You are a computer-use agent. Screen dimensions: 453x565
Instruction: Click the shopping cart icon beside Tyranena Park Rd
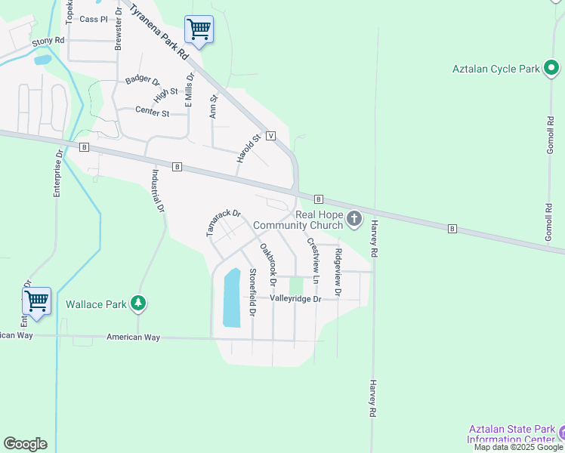tap(199, 30)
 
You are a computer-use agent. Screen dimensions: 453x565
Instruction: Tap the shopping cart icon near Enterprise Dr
tap(36, 301)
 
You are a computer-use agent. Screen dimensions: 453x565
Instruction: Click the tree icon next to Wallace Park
tap(137, 304)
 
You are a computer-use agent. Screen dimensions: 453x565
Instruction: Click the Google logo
tap(25, 444)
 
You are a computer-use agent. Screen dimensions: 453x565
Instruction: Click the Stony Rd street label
tap(48, 41)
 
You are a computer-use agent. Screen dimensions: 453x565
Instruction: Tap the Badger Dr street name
tap(143, 79)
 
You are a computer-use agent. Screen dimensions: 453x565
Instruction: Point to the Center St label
tap(151, 110)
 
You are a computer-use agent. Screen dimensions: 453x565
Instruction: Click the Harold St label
tap(248, 148)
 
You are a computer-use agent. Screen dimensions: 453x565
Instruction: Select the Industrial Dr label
tap(157, 192)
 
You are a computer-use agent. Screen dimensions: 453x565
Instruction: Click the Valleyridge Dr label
tap(296, 299)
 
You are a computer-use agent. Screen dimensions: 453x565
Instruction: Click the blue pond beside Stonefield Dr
tap(232, 297)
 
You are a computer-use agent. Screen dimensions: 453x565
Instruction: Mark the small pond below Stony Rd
tap(42, 60)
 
